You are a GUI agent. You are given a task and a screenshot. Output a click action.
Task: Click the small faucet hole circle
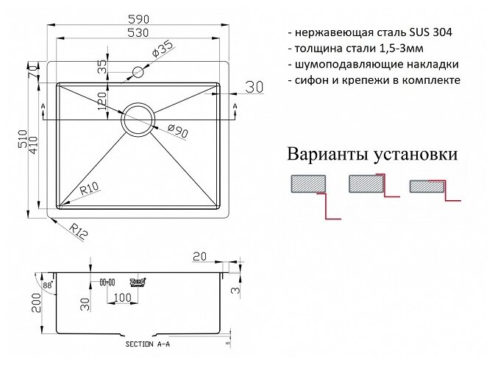click(137, 72)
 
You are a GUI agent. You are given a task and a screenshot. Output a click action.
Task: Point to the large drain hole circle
click(138, 118)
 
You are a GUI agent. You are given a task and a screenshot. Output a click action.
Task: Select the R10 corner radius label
click(90, 188)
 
